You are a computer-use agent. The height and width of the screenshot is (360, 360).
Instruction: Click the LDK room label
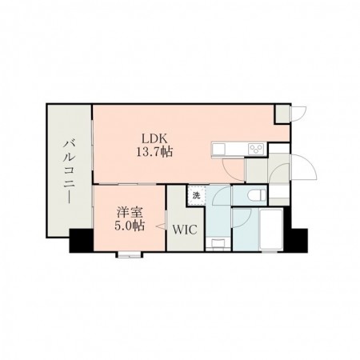pyautogui.click(x=154, y=139)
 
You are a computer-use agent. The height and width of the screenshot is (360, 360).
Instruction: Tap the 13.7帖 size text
pyautogui.click(x=154, y=152)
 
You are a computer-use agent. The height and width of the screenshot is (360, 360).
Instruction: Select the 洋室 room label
pyautogui.click(x=130, y=213)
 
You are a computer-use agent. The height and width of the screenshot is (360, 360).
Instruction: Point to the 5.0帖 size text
pyautogui.click(x=130, y=226)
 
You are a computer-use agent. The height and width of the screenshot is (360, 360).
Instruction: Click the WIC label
pyautogui.click(x=185, y=230)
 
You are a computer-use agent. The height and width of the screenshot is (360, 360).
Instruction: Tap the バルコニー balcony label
pyautogui.click(x=69, y=171)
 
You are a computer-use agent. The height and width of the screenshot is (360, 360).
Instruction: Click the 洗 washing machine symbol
pyautogui.click(x=197, y=195)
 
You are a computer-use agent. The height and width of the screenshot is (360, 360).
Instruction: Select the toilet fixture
pyautogui.click(x=257, y=195)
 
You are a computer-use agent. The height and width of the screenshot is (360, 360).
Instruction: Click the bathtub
pyautogui.click(x=271, y=230)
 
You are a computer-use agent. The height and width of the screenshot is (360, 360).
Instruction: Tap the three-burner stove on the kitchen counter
pyautogui.click(x=256, y=149)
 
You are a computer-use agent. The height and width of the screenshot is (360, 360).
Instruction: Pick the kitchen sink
pyautogui.click(x=218, y=149)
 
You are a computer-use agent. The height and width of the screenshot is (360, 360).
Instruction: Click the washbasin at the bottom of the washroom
pyautogui.click(x=218, y=243)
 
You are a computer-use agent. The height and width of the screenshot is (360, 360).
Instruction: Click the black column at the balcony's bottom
pyautogui.click(x=82, y=240)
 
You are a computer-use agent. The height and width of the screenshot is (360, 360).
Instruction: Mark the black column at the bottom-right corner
pyautogui.click(x=295, y=240)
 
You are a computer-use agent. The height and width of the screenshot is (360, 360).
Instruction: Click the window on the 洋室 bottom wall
pyautogui.click(x=129, y=255)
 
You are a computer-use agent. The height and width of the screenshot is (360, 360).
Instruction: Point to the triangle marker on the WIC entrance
pyautogui.click(x=161, y=226)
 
